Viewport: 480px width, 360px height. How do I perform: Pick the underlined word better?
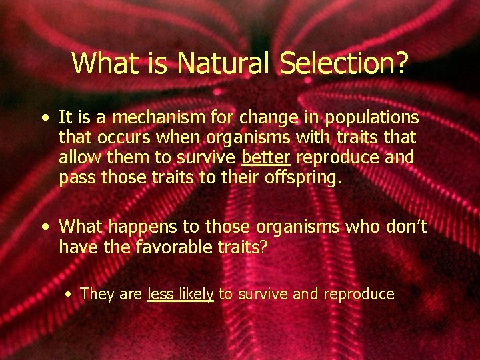tap(265, 159)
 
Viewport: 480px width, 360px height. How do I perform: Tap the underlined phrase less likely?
tap(180, 294)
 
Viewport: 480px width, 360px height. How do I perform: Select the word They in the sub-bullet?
tap(97, 294)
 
